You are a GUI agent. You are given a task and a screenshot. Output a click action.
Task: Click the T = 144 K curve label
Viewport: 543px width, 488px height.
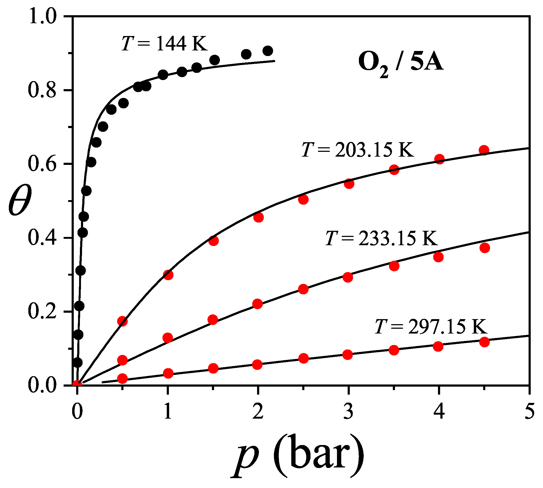(164, 43)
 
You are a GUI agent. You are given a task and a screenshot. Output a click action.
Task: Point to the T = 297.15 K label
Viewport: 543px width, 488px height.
(431, 327)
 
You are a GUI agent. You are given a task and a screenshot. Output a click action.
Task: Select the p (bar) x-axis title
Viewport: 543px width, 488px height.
(298, 456)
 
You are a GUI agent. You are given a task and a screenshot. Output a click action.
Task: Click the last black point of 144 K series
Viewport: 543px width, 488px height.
(268, 51)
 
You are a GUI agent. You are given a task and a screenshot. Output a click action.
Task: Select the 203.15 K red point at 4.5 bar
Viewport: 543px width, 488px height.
(484, 150)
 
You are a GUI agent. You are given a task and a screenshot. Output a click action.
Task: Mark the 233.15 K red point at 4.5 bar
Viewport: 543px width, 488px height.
(484, 248)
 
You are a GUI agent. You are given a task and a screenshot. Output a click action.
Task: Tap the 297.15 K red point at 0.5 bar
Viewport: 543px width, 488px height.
(122, 379)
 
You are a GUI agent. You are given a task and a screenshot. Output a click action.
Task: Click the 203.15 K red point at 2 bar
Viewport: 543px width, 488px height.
(258, 217)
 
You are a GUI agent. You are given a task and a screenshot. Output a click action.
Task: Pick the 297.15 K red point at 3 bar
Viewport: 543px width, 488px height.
(347, 355)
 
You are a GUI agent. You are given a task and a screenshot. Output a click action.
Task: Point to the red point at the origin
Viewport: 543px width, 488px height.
(77, 384)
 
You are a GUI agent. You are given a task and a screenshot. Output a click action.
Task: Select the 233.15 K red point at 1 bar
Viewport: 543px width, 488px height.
(168, 338)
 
